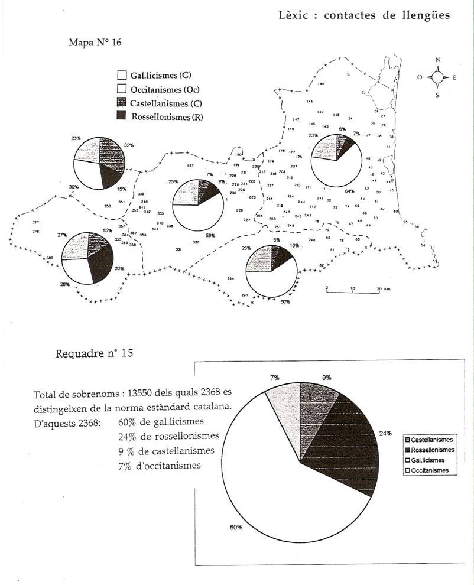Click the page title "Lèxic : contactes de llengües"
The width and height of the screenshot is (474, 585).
pos(364,15)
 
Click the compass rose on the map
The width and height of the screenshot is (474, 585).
pos(437,77)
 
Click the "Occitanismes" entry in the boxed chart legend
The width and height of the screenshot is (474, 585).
pos(430,470)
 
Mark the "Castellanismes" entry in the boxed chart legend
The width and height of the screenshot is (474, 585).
pos(432,440)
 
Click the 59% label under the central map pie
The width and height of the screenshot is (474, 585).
pos(210,235)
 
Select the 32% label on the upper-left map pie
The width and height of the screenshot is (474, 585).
pos(129,144)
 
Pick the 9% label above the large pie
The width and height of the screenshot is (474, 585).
pos(326,377)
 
